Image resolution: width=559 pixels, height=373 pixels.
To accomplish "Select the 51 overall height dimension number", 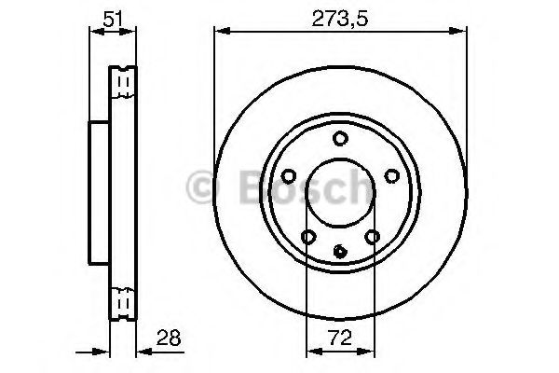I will (111, 16).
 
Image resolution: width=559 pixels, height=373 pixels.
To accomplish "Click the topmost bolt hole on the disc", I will (339, 139).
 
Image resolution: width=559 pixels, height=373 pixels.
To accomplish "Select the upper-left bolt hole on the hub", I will (289, 174).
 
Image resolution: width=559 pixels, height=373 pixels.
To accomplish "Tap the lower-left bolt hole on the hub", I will (307, 236).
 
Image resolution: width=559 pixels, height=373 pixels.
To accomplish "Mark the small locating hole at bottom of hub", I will (339, 249).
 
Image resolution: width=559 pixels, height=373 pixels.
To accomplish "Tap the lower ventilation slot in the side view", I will (121, 300).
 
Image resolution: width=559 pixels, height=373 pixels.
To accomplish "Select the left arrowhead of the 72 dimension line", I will (310, 352).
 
